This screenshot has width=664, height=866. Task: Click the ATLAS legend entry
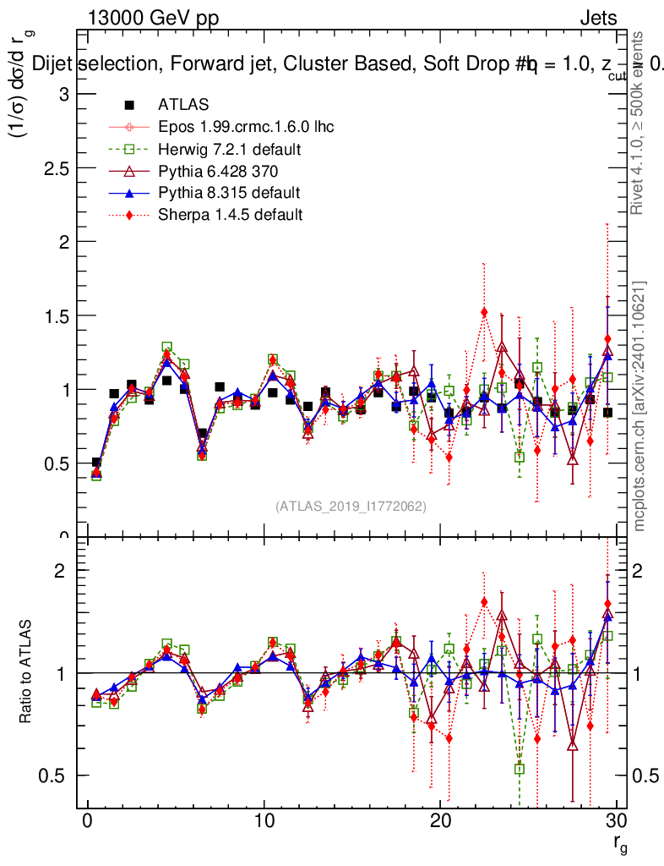182,106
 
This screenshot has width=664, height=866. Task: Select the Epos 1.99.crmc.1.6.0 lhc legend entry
246,128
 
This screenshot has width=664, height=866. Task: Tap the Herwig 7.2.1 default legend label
230,150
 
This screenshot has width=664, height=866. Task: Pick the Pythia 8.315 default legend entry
229,193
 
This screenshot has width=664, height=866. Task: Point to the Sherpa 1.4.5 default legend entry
230,214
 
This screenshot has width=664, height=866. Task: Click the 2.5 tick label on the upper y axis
57,167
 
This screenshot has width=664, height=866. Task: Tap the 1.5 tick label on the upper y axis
57,315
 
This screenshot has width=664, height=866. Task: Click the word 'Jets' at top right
598,18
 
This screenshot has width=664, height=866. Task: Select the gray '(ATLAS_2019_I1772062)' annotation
351,507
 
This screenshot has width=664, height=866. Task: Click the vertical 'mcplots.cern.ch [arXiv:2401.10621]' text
640,406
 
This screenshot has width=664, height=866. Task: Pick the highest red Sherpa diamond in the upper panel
484,312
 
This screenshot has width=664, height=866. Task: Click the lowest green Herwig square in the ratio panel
520,769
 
